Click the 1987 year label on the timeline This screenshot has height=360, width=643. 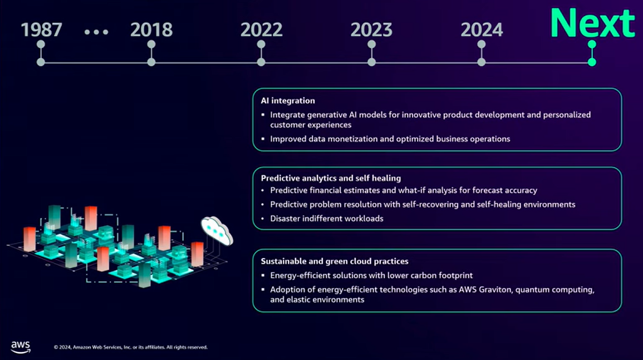[x=41, y=29]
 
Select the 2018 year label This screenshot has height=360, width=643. [x=151, y=29]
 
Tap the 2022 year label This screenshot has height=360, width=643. [x=261, y=29]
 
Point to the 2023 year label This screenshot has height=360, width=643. [x=371, y=29]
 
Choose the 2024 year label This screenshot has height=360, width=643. [x=482, y=29]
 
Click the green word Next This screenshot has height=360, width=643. [x=592, y=23]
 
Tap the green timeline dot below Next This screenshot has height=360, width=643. [x=592, y=62]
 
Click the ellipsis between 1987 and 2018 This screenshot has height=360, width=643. [x=96, y=32]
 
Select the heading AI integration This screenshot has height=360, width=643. [x=288, y=101]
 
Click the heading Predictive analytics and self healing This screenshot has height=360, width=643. [x=331, y=178]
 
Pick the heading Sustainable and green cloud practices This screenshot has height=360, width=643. [x=335, y=261]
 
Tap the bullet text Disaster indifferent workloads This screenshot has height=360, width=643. [x=327, y=219]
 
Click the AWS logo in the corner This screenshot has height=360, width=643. [x=21, y=347]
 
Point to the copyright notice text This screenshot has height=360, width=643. [x=131, y=347]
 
